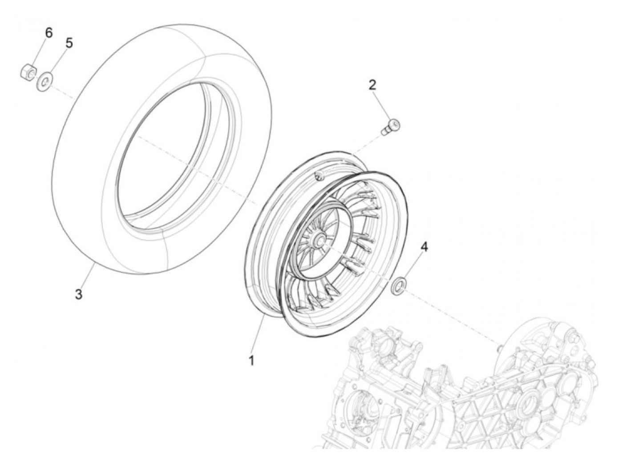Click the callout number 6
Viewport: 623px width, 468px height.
[49, 33]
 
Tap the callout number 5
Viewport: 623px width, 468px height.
[69, 43]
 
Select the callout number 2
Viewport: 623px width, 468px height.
[372, 85]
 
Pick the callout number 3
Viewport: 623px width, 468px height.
[79, 294]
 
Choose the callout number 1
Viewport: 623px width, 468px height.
[251, 360]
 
